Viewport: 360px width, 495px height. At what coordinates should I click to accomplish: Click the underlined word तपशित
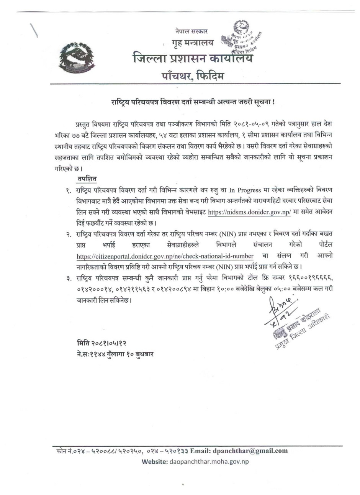87,179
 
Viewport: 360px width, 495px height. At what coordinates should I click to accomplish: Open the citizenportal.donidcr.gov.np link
165,256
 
